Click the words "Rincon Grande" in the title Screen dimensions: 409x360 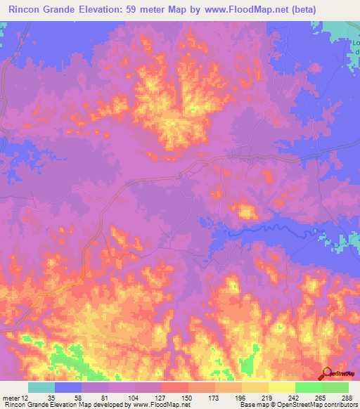tap(41, 10)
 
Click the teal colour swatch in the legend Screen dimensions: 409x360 tap(41, 387)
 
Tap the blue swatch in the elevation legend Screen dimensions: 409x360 tap(68, 387)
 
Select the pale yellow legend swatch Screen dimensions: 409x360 tap(282, 387)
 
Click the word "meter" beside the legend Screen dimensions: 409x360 tap(11, 397)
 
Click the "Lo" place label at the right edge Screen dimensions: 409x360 tap(355, 43)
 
